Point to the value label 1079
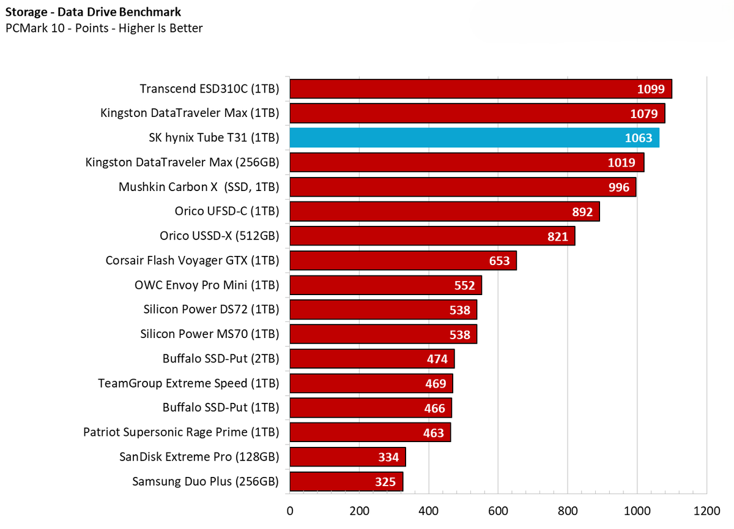tap(645, 114)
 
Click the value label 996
tap(619, 187)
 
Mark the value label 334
tap(388, 457)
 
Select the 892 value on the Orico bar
tap(582, 212)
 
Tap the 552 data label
tap(464, 285)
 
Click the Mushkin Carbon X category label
tap(199, 187)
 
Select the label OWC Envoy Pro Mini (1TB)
tap(207, 285)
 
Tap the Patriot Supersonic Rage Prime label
tap(181, 432)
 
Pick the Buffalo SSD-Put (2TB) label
tap(221, 358)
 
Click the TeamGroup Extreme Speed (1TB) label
tap(188, 383)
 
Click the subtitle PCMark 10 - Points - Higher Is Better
tap(104, 28)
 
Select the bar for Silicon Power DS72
tap(383, 310)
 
